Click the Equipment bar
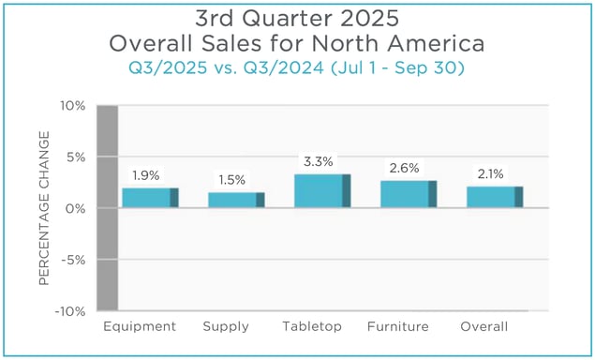(x=150, y=198)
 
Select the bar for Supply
(x=236, y=200)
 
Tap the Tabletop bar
(x=322, y=190)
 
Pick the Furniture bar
(x=409, y=194)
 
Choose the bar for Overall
(x=495, y=197)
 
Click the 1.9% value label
(x=145, y=175)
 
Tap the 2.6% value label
(x=403, y=169)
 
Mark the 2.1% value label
(x=491, y=174)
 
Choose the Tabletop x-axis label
(x=312, y=327)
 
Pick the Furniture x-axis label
(x=398, y=327)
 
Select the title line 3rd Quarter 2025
(x=298, y=18)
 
